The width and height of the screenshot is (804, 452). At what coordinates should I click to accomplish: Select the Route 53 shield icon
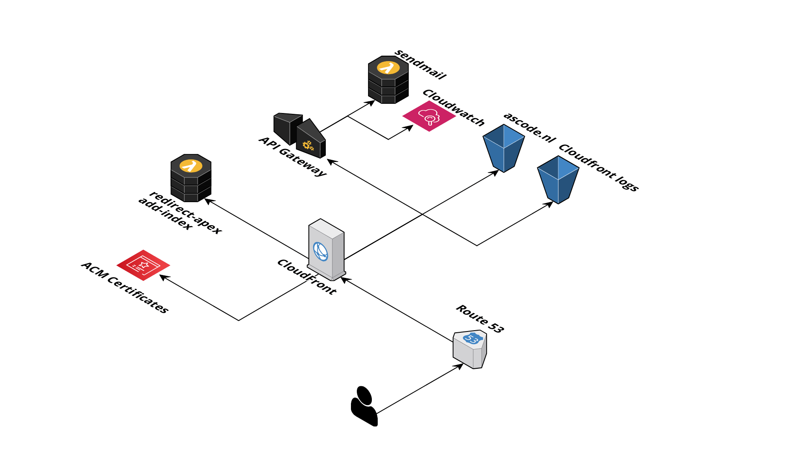pos(470,349)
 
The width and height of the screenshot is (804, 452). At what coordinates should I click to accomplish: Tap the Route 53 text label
pos(480,319)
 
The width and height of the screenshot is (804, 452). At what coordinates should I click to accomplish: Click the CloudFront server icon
pos(326,250)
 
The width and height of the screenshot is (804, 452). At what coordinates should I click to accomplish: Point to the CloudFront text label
pos(307,277)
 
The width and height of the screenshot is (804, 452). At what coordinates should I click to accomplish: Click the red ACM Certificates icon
pos(143,265)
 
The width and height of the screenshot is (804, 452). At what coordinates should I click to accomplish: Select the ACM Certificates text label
pos(125,288)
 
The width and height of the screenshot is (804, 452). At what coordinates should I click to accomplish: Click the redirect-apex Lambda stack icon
pos(191,177)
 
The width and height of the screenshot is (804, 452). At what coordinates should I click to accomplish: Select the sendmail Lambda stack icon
pos(388,80)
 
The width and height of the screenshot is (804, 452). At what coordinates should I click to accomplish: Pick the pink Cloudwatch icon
pos(429,116)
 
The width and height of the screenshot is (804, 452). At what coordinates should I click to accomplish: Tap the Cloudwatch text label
pos(454,108)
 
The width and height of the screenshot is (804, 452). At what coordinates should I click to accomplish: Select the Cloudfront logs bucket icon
pos(558,180)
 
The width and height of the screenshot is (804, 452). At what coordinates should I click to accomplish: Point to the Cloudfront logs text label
pos(599,168)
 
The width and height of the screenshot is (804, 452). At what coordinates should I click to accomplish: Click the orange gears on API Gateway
pos(308,146)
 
